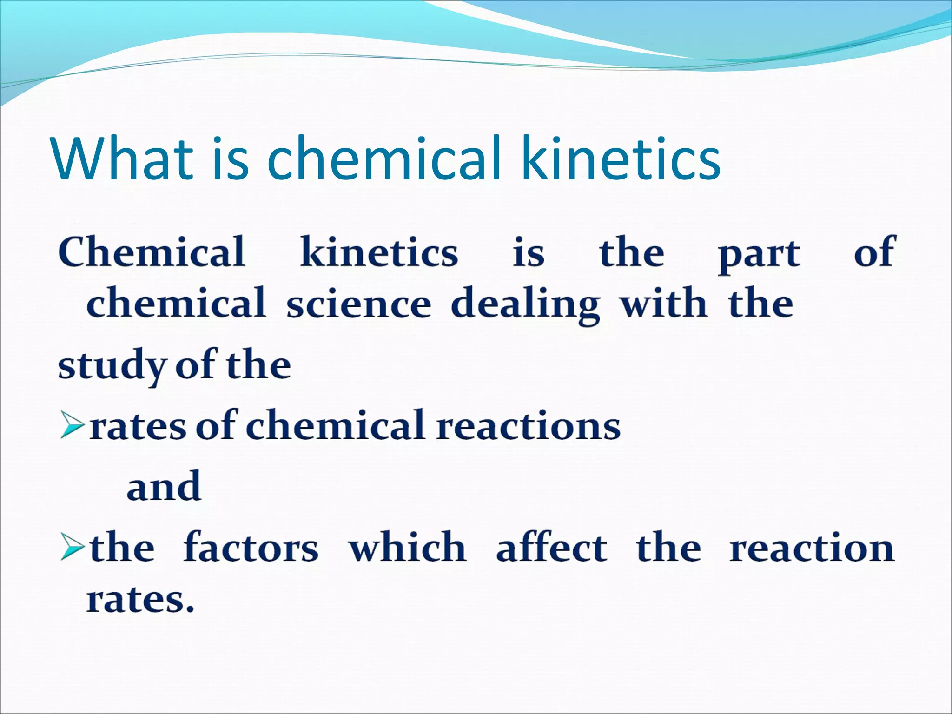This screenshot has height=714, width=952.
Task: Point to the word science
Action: point(358,304)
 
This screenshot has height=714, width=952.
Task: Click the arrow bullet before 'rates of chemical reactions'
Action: point(73,427)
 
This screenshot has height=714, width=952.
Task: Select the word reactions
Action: point(529,426)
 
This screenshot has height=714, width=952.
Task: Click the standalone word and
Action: point(164,486)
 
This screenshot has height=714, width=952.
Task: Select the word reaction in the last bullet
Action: point(812,549)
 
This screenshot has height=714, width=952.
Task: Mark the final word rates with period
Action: point(140,600)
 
